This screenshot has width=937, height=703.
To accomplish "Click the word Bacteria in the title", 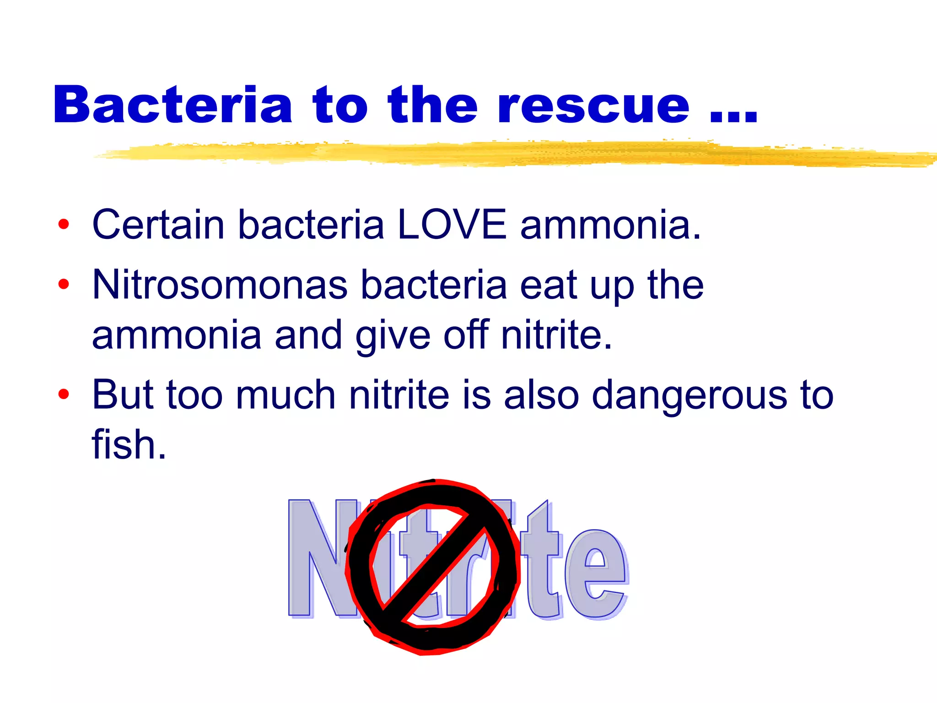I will (173, 105).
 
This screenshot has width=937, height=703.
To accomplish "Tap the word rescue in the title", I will (593, 106).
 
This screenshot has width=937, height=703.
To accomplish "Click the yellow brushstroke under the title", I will (503, 153).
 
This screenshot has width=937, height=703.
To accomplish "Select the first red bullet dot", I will (64, 224).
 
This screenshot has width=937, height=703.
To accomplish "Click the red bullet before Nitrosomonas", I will (64, 284).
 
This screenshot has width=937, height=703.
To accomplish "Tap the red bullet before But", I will (64, 394).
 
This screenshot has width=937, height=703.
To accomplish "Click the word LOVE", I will (452, 224).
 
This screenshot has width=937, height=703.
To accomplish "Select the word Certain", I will (158, 224).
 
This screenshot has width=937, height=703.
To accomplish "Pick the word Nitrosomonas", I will (220, 284).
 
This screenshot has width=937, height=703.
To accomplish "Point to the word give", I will (393, 336).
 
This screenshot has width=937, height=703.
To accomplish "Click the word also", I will (541, 395).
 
